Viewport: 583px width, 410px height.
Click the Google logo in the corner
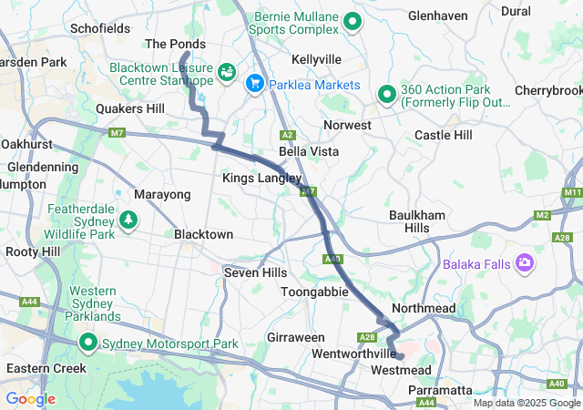tap(31, 399)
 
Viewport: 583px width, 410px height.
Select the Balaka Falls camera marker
tap(525, 264)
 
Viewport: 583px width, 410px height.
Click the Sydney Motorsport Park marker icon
tap(88, 343)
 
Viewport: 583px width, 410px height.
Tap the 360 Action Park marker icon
tap(386, 93)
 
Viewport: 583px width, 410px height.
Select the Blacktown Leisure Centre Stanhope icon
tap(226, 70)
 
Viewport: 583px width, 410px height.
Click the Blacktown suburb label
tap(204, 234)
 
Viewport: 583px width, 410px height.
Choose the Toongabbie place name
tap(314, 292)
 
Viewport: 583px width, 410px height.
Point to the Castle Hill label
tap(444, 135)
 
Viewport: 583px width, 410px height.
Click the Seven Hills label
tap(256, 272)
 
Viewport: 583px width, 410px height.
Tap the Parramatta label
tap(441, 390)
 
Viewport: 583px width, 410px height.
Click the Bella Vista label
tap(309, 151)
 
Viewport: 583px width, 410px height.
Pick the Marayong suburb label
tap(162, 195)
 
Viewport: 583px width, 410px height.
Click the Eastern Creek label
tap(46, 368)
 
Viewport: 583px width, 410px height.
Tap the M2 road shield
tap(543, 215)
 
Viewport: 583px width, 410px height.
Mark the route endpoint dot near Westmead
tap(399, 356)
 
